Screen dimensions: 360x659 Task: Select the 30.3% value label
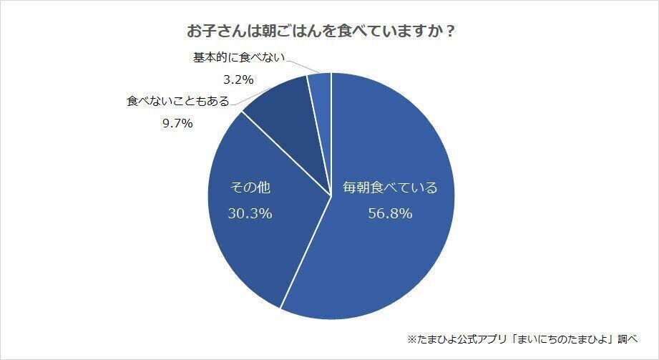coord(250,213)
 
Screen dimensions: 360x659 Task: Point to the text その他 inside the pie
coord(250,189)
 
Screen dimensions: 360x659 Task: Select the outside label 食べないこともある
coord(178,102)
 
